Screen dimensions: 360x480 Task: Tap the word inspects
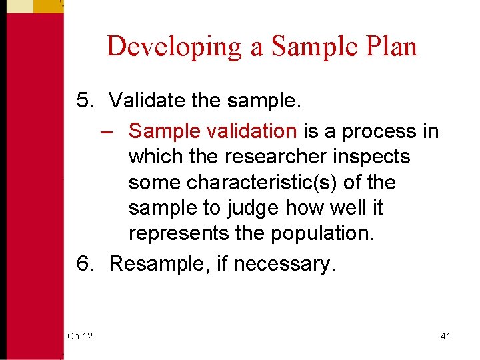[x=373, y=157]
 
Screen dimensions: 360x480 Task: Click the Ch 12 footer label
[x=80, y=336]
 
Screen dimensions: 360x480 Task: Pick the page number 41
[x=445, y=336]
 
